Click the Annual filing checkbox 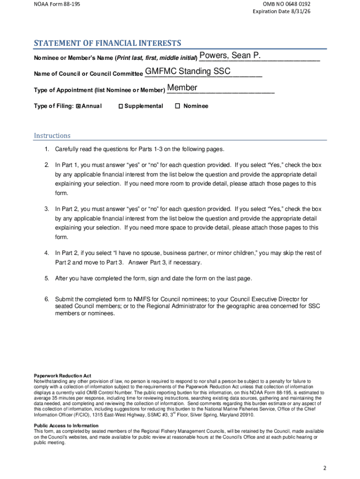pyautogui.click(x=79, y=106)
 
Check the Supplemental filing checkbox pyautogui.click(x=120, y=106)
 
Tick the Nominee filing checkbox pyautogui.click(x=177, y=106)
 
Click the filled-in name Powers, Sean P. pyautogui.click(x=230, y=56)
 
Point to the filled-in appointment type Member pyautogui.click(x=182, y=88)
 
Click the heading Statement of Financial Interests pyautogui.click(x=107, y=44)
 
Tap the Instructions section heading pyautogui.click(x=52, y=136)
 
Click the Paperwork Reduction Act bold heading pyautogui.click(x=62, y=376)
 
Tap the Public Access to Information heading pyautogui.click(x=66, y=425)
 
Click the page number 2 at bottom pyautogui.click(x=324, y=468)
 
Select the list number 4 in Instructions pyautogui.click(x=47, y=253)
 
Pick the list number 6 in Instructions pyautogui.click(x=47, y=299)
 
